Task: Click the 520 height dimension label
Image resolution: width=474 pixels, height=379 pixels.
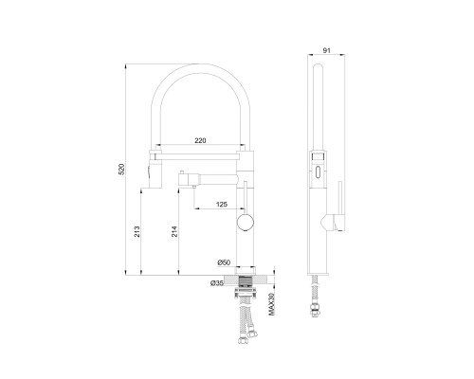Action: point(121,169)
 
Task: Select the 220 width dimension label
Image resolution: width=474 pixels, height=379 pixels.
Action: point(200,140)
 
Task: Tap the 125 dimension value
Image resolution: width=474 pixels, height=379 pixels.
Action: point(222,205)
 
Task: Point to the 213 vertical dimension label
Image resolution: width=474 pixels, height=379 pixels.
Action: point(137,231)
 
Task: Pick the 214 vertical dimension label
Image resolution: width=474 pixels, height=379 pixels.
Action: point(174,231)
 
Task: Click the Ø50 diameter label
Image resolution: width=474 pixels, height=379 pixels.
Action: point(224,262)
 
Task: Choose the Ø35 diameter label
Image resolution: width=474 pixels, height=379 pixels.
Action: point(217,283)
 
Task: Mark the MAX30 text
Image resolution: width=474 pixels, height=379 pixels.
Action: point(271,304)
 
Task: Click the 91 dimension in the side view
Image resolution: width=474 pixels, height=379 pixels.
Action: point(326,50)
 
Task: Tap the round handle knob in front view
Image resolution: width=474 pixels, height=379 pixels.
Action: point(246,222)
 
